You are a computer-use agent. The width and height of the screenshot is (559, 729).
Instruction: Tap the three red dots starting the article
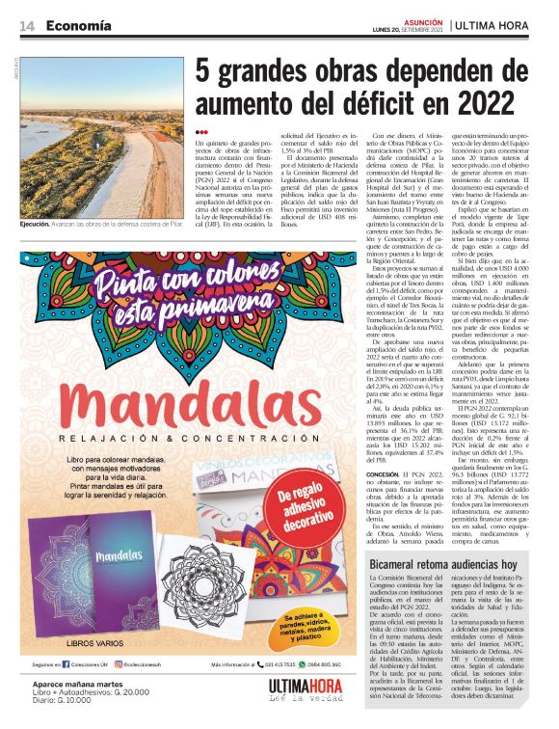pyautogui.click(x=200, y=132)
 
